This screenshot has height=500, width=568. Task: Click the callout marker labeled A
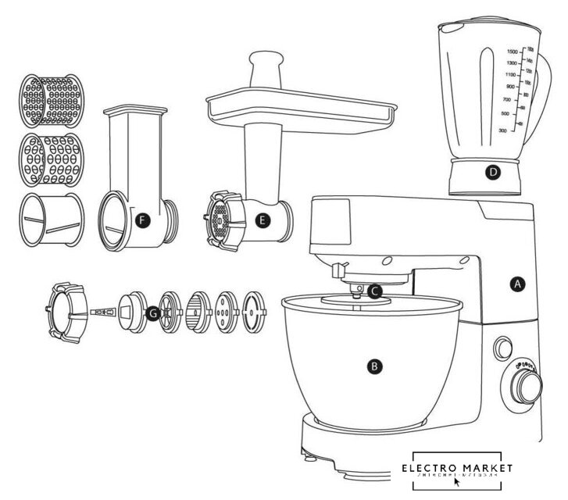[515, 285]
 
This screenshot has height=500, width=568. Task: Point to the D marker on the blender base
[491, 173]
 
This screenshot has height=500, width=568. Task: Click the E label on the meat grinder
[263, 220]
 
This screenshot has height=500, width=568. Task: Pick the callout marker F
[141, 221]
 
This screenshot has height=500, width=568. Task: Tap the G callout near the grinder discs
[153, 312]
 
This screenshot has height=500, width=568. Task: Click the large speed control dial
[529, 385]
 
